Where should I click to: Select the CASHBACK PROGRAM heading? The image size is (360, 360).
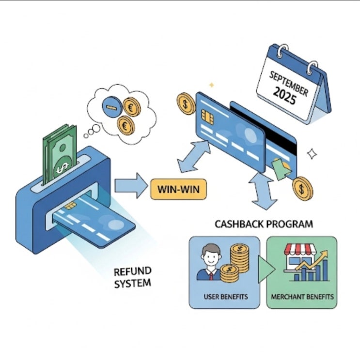[x=264, y=224]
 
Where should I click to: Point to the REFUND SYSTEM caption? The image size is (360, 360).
[x=133, y=277]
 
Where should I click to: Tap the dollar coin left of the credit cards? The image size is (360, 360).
[x=186, y=104]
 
